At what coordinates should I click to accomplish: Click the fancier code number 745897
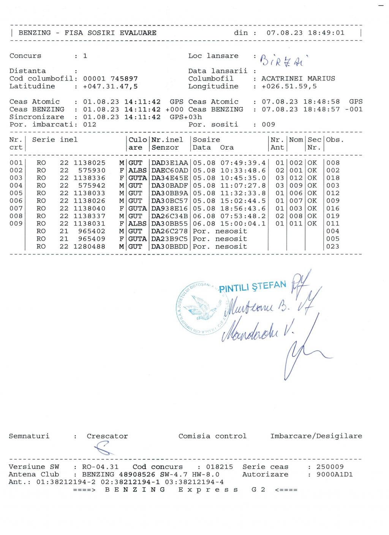click(x=124, y=79)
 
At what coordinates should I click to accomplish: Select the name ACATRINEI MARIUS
click(x=298, y=79)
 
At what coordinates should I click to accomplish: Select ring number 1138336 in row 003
click(x=90, y=178)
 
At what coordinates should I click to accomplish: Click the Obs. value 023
click(x=333, y=246)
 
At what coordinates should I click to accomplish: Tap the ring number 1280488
click(x=90, y=246)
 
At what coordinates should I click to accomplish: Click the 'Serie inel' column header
click(x=55, y=140)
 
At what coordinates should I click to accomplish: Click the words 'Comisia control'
click(x=212, y=436)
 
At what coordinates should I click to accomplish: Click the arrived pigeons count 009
click(x=269, y=124)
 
